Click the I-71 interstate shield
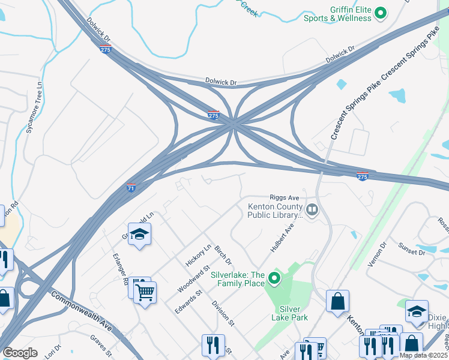click(x=131, y=188)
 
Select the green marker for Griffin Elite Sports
click(x=380, y=13)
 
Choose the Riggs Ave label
click(x=284, y=197)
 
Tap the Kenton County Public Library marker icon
click(x=312, y=210)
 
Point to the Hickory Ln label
click(x=198, y=256)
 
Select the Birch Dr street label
click(x=223, y=254)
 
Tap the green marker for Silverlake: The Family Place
click(x=274, y=278)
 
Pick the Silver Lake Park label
click(x=294, y=313)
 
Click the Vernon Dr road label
click(x=379, y=255)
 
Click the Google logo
click(x=20, y=353)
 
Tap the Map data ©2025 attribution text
click(x=423, y=355)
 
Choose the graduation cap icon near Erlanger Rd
click(x=139, y=235)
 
